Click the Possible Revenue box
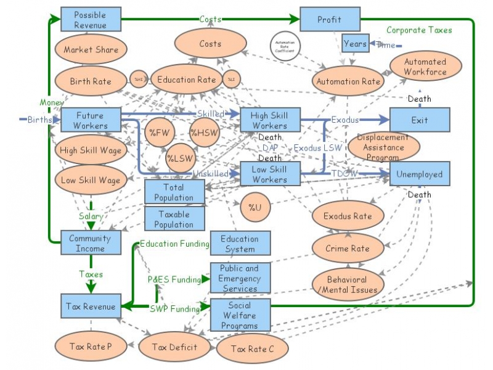pyautogui.click(x=91, y=19)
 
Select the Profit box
pyautogui.click(x=329, y=19)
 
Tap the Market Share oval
pyautogui.click(x=91, y=49)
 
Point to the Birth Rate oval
pyautogui.click(x=91, y=81)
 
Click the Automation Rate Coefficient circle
pyautogui.click(x=284, y=45)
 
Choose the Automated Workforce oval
pyautogui.click(x=425, y=67)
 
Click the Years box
pyautogui.click(x=355, y=44)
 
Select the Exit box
pyautogui.click(x=419, y=120)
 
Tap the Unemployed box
pyautogui.click(x=419, y=174)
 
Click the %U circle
pyautogui.click(x=255, y=207)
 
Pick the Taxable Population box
pyautogui.click(x=174, y=219)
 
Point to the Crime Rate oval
pyautogui.click(x=348, y=248)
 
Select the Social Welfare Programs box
pyautogui.click(x=240, y=314)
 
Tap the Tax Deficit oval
pyautogui.click(x=176, y=347)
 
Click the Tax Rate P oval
pyautogui.click(x=91, y=347)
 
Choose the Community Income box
pyautogui.click(x=91, y=243)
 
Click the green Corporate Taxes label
pyautogui.click(x=419, y=30)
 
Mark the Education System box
pyautogui.click(x=240, y=244)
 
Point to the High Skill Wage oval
pyautogui.click(x=91, y=149)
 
